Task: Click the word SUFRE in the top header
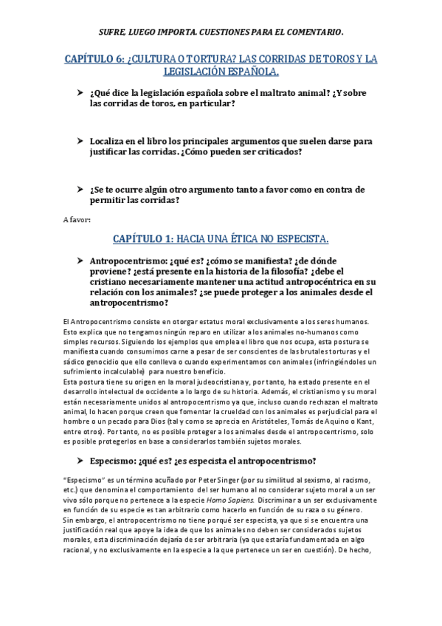[x=113, y=32]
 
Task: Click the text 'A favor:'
[x=77, y=219]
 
